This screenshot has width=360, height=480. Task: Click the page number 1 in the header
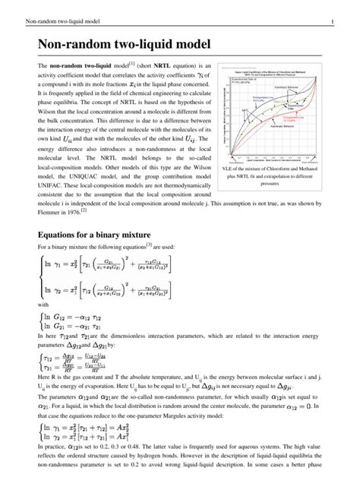[344, 8]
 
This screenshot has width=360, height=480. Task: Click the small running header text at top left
[51, 8]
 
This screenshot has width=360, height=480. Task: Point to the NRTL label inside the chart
[247, 111]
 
